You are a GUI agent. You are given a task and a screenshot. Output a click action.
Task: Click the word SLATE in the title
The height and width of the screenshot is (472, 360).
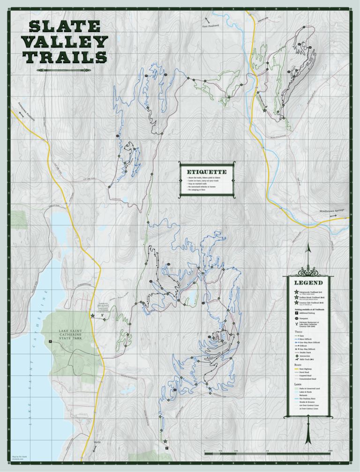pos(66,27)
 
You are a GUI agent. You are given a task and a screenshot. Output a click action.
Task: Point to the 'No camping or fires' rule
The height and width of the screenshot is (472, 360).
pos(201,190)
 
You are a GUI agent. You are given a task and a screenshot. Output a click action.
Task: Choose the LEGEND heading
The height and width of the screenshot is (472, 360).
pos(308,283)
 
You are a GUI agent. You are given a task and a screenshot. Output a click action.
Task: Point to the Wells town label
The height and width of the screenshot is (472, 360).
pos(97,442)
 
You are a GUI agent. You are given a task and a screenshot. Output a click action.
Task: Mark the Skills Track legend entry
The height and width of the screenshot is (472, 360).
pos(307,359)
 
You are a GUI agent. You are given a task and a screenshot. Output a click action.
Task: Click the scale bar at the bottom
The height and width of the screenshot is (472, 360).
pos(268,453)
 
